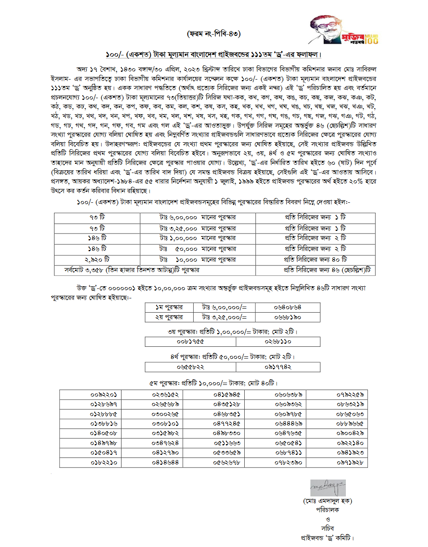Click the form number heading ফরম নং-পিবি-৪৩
point(214,33)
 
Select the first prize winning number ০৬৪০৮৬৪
point(287,307)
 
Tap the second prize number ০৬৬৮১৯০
point(287,317)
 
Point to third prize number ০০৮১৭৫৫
point(190,342)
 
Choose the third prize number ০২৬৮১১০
point(278,342)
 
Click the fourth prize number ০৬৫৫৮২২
point(190,367)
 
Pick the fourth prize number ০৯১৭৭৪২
point(278,367)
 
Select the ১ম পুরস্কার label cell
point(169,307)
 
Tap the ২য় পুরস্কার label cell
point(169,317)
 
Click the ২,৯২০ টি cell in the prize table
point(97,259)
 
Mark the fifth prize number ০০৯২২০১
point(104,394)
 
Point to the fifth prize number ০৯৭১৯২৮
point(350,462)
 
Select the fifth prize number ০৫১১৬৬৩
point(227,443)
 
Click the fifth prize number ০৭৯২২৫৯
point(350,394)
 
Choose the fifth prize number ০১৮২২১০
point(104,462)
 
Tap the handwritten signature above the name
point(328,488)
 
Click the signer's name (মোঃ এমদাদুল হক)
point(327,501)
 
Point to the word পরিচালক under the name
point(327,510)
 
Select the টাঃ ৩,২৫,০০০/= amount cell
point(224,317)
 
